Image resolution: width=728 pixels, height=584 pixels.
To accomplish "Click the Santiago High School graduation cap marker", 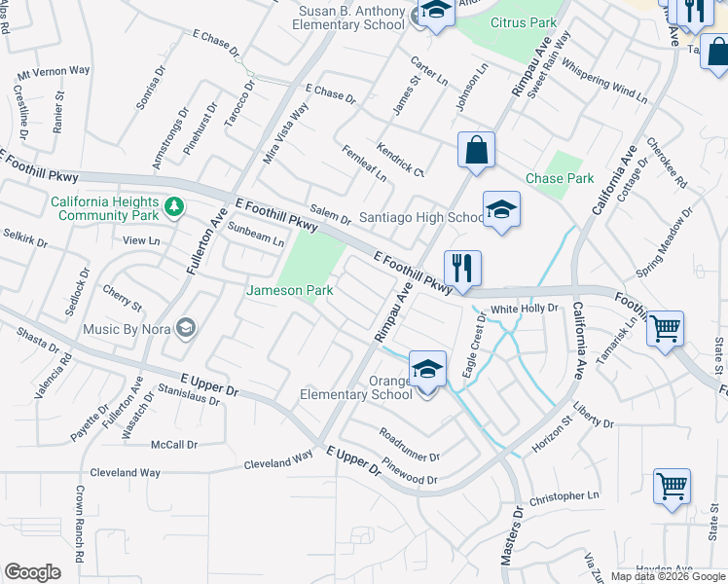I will click(501, 209).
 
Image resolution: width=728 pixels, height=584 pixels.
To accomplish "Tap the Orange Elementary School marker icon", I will click(427, 370).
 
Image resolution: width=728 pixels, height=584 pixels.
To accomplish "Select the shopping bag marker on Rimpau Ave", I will click(477, 151).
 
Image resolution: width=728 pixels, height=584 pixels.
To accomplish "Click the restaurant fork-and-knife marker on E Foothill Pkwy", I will click(462, 268).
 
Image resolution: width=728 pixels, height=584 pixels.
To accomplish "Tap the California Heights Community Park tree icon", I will click(173, 206).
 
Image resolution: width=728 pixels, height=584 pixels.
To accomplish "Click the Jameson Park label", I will click(289, 290).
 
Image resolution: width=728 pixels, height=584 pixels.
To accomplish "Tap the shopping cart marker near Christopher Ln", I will click(672, 487).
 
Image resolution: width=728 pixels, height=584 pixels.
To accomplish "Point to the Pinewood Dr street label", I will click(410, 473).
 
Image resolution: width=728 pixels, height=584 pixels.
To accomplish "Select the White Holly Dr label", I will click(524, 309).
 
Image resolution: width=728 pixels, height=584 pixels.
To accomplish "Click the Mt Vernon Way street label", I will click(54, 71).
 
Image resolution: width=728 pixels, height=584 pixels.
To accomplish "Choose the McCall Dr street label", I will click(174, 445).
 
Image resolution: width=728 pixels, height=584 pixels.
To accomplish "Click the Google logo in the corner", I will click(32, 572).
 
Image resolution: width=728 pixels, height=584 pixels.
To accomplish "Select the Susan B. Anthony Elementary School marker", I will click(435, 13).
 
